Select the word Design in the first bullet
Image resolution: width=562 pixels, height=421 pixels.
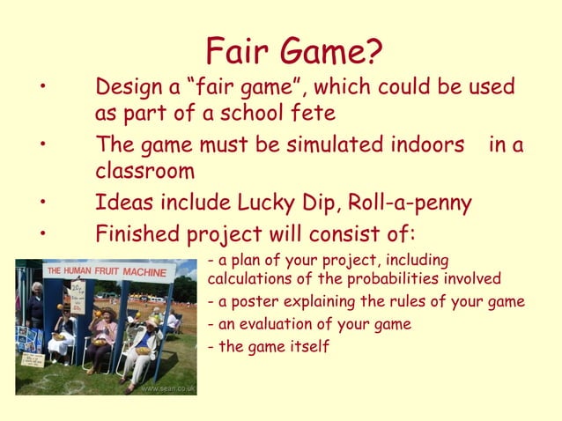pyautogui.click(x=133, y=88)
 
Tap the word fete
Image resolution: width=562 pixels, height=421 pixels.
pyautogui.click(x=314, y=115)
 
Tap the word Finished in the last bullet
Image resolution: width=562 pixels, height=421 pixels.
pyautogui.click(x=137, y=235)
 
